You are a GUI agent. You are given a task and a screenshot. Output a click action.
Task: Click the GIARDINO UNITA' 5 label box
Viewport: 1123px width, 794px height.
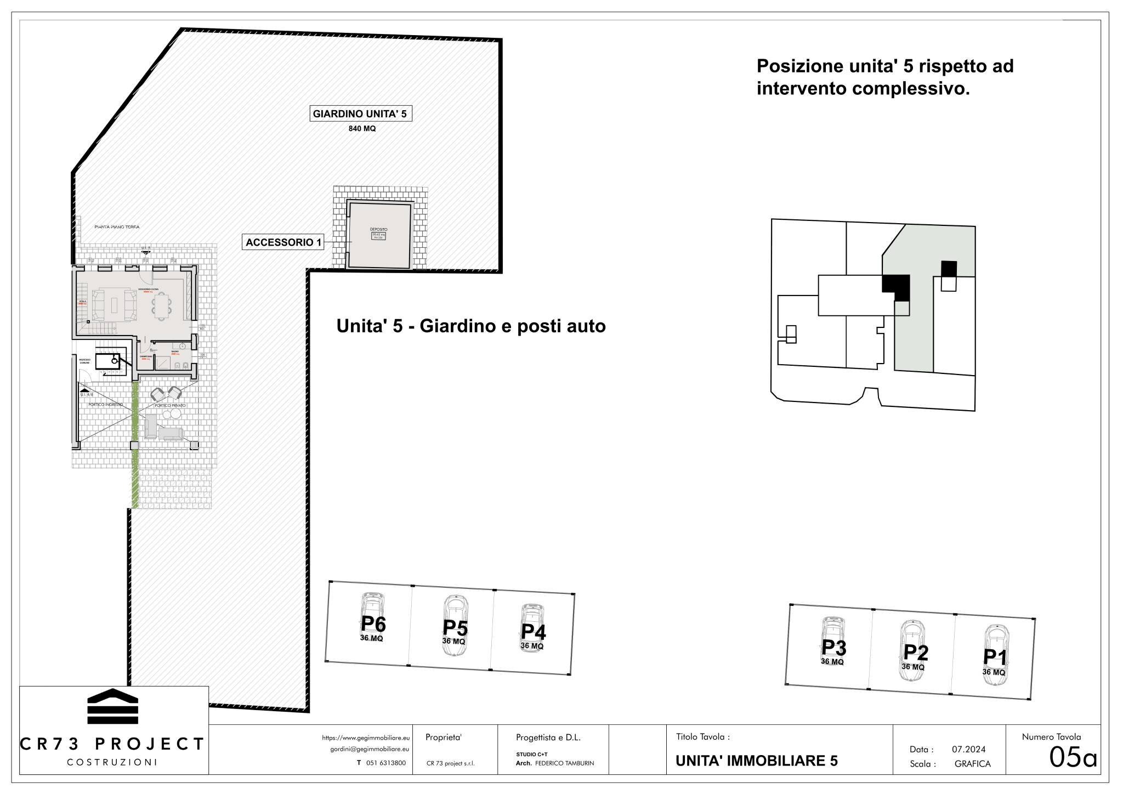(360, 114)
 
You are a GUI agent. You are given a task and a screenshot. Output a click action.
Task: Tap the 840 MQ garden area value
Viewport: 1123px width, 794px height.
(362, 129)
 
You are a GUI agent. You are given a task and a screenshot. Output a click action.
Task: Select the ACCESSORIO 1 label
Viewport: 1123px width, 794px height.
(283, 242)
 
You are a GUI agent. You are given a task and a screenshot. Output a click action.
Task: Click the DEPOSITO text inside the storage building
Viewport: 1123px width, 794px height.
(378, 229)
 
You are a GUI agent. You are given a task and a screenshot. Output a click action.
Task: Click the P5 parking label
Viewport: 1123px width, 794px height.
(455, 628)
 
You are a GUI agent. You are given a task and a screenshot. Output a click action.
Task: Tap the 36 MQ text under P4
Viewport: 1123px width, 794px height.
(532, 646)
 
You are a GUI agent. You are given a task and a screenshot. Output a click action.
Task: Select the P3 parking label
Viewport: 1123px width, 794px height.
(833, 648)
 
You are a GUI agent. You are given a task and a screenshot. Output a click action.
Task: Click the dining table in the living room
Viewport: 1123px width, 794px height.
(162, 306)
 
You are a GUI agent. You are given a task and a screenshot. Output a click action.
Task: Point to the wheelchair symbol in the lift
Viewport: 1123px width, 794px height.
(113, 360)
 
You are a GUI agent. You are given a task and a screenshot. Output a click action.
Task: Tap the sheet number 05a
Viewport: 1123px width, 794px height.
(1073, 758)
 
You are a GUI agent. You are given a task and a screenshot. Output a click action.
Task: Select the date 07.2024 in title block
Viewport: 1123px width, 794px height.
(968, 749)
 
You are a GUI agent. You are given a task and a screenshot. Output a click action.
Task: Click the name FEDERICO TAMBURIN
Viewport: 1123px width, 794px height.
(564, 763)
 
